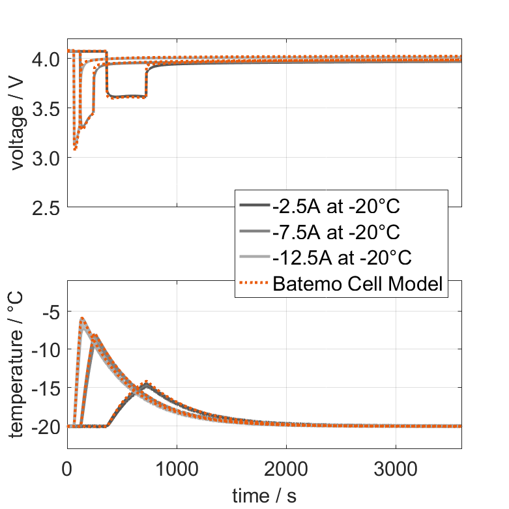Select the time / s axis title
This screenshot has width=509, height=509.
(264, 495)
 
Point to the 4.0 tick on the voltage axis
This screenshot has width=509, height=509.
(46, 59)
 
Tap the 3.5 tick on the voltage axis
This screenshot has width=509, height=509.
(46, 109)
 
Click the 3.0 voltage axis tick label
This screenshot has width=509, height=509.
(46, 158)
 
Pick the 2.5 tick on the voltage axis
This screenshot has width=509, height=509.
(46, 207)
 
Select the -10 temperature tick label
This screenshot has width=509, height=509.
(46, 350)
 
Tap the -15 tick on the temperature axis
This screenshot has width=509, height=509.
(46, 388)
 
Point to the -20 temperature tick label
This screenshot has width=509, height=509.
(46, 427)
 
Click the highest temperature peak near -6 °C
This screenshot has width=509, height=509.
(82, 319)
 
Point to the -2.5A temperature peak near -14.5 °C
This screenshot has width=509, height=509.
(147, 384)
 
